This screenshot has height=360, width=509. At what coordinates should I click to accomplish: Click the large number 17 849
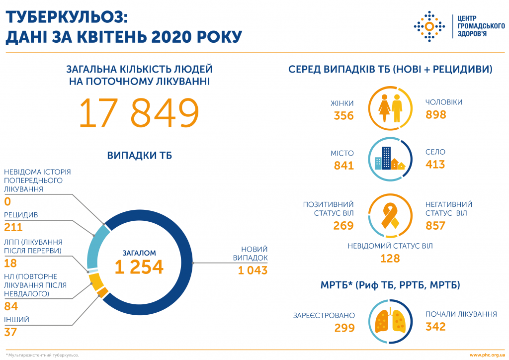pyautogui.click(x=139, y=113)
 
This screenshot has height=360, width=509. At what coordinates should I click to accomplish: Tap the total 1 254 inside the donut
pyautogui.click(x=139, y=267)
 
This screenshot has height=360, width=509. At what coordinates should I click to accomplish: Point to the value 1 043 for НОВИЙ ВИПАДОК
pyautogui.click(x=253, y=270)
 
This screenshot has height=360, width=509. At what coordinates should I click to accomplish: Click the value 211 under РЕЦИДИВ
pyautogui.click(x=13, y=228)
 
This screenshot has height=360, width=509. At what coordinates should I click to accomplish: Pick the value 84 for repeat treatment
pyautogui.click(x=11, y=306)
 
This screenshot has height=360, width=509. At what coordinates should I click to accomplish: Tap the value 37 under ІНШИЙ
pyautogui.click(x=11, y=332)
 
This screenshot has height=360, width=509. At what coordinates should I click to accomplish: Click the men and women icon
pyautogui.click(x=390, y=108)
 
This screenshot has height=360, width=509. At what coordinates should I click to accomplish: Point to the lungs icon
pyautogui.click(x=390, y=321)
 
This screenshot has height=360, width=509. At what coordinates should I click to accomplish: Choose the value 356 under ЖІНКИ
pyautogui.click(x=343, y=116)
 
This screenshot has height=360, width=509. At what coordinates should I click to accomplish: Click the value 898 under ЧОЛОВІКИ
pyautogui.click(x=436, y=115)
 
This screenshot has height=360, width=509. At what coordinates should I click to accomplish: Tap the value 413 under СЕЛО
pyautogui.click(x=435, y=165)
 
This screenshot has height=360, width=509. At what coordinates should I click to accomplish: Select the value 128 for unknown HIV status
pyautogui.click(x=390, y=258)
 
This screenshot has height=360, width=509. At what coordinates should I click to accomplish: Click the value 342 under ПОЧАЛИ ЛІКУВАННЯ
pyautogui.click(x=435, y=327)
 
